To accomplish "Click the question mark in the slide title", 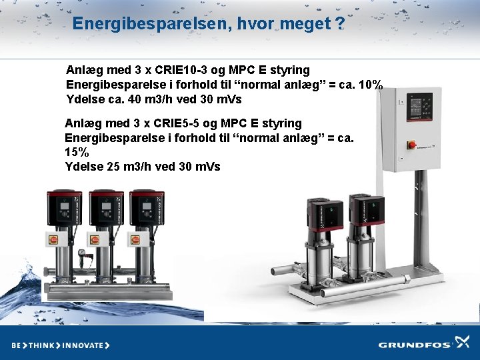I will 340,24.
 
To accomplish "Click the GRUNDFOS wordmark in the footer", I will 414,345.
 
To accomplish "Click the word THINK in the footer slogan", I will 41,345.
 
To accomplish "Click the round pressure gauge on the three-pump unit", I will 81,254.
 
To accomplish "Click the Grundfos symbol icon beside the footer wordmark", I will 462,343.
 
